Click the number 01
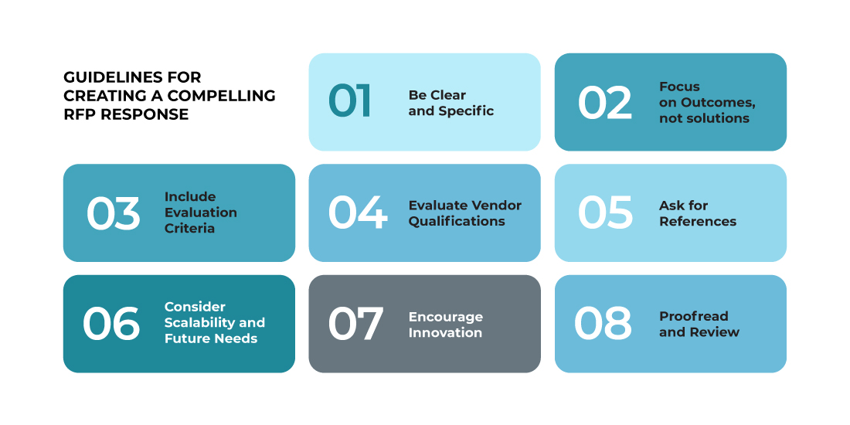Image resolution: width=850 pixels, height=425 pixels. tap(350, 101)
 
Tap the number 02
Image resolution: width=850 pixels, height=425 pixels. tap(605, 103)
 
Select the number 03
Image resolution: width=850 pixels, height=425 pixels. tap(114, 213)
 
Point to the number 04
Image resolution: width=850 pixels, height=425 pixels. tap(358, 213)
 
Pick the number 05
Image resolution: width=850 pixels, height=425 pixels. tap(606, 212)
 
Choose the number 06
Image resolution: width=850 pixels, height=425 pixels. tap(111, 324)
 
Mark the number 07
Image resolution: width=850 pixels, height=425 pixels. tap(355, 324)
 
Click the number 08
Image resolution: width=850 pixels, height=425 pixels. tap(603, 324)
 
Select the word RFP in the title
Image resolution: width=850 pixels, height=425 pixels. tap(76, 115)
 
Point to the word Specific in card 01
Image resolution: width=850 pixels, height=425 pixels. tap(466, 112)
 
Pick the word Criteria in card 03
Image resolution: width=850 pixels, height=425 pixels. tap(190, 228)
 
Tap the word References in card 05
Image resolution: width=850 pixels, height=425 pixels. tap(698, 221)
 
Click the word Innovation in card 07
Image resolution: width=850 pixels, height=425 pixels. tap(445, 332)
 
